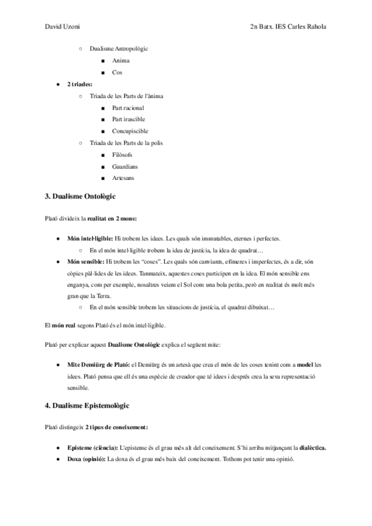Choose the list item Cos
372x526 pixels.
coord(117,73)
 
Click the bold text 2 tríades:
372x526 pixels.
coord(80,84)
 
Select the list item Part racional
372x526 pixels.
coord(128,108)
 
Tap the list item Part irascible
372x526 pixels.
coord(128,119)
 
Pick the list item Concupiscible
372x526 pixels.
coord(130,131)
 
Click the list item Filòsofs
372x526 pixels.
coord(122,154)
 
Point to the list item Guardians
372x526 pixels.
coord(125,166)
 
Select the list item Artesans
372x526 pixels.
coord(123,178)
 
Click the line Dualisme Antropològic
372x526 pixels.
coord(118,49)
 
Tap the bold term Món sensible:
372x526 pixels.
coord(85,262)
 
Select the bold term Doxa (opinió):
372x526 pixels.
coord(87,459)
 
